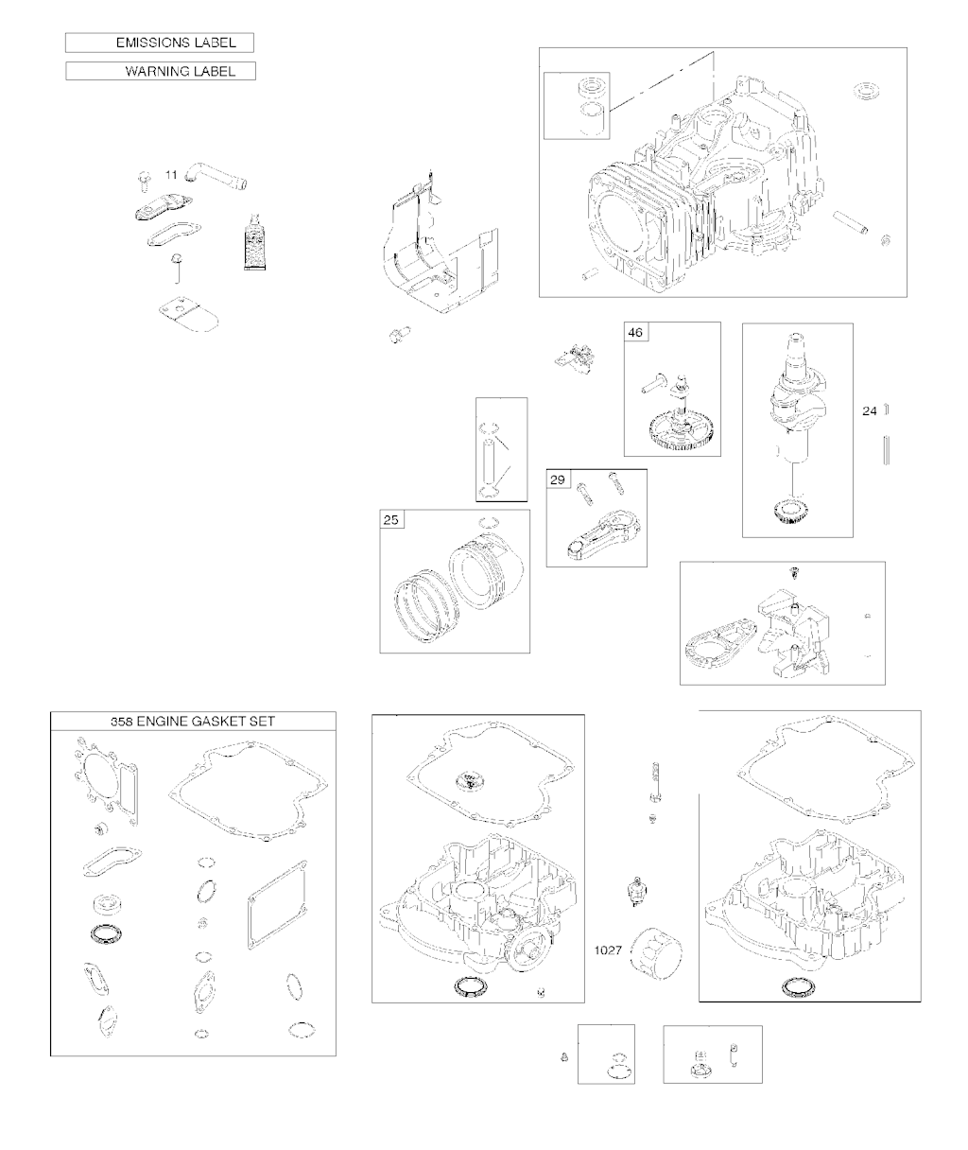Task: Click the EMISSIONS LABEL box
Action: point(160,43)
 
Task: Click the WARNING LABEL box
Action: point(161,71)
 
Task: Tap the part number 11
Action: point(171,175)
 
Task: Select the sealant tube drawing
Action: point(255,241)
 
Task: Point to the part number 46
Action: point(635,333)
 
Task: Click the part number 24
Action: point(870,410)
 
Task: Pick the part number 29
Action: point(558,479)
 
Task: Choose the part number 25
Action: point(391,520)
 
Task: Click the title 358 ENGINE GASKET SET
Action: point(193,722)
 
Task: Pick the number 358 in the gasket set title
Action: point(122,722)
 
